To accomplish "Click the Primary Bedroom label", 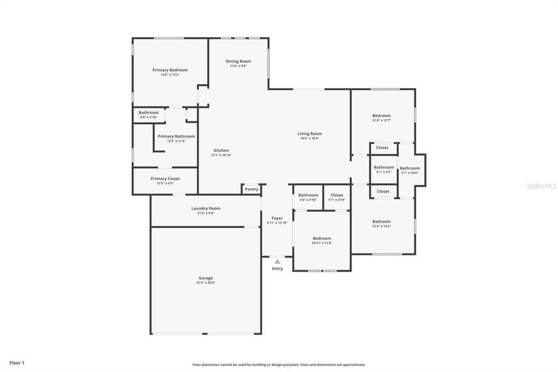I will [x=170, y=70].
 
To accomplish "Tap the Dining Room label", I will [x=238, y=61].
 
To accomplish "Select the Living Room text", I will [x=310, y=133].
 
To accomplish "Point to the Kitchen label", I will [x=221, y=151].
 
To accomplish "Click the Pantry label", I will [x=251, y=189].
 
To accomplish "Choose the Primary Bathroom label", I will [x=176, y=136].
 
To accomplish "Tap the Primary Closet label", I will [x=165, y=179].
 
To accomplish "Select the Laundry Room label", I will [x=205, y=208].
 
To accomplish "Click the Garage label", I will [x=206, y=278].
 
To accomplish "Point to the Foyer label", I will [x=277, y=218].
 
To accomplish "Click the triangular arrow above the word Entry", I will [x=277, y=262].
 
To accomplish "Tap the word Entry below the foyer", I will [x=277, y=268].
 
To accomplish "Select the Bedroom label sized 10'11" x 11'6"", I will [x=321, y=238].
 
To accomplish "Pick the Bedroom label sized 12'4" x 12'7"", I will [x=381, y=116].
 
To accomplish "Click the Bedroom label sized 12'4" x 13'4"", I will [x=381, y=221].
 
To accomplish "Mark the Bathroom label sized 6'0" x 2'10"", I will [x=149, y=112].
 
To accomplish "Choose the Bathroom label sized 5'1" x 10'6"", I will [x=409, y=168].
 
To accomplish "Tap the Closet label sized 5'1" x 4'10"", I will [x=337, y=195].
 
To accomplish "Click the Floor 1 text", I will [x=17, y=361].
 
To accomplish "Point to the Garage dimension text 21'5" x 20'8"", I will [x=206, y=283].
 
